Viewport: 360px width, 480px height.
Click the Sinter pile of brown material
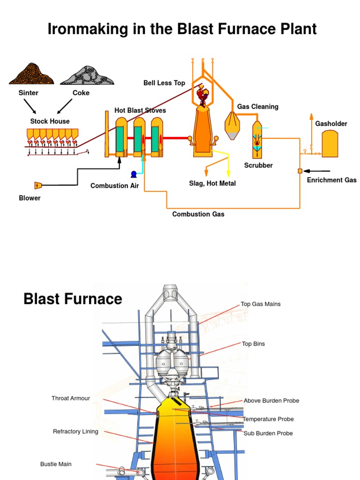click(x=31, y=75)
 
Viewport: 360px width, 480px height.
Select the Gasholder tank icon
click(x=330, y=143)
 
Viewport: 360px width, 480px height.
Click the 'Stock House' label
click(x=50, y=121)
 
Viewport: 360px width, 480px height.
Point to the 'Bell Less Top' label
click(x=164, y=83)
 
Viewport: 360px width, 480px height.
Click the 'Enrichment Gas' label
click(x=331, y=180)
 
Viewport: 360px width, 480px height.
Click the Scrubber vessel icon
click(x=257, y=140)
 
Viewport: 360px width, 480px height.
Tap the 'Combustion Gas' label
click(x=198, y=214)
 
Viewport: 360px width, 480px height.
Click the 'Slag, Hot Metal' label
click(x=212, y=183)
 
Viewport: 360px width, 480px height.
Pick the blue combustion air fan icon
click(x=134, y=174)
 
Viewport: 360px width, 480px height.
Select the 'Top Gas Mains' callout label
click(x=261, y=304)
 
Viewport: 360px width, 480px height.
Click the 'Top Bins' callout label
click(x=253, y=344)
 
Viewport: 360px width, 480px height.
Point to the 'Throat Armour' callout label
click(x=71, y=398)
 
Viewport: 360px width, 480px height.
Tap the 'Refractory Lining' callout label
click(x=75, y=431)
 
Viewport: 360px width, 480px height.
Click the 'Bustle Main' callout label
click(x=56, y=464)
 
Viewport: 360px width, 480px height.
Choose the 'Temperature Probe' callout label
click(x=268, y=419)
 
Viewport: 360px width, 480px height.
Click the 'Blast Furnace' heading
click(x=73, y=299)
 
